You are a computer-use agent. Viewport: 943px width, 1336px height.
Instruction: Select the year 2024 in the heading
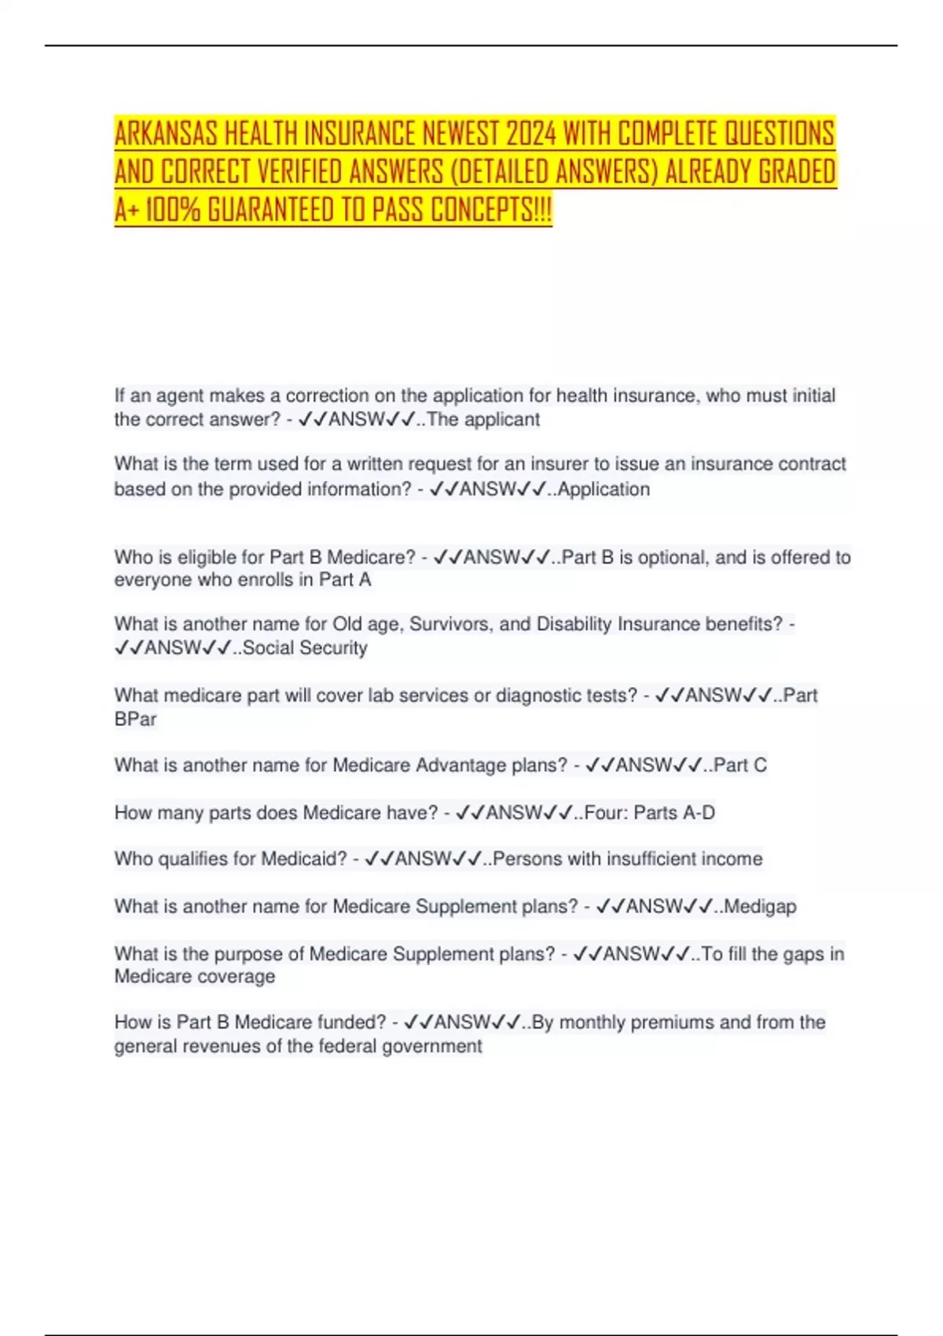click(530, 134)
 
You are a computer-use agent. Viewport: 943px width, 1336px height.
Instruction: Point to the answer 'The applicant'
click(483, 420)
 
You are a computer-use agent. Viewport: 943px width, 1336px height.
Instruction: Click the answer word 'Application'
click(604, 489)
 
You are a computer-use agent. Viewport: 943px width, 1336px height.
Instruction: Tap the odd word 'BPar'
click(135, 719)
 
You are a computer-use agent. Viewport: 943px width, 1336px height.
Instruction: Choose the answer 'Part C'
click(740, 765)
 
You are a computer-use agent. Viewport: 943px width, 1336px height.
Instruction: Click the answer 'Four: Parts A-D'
click(650, 813)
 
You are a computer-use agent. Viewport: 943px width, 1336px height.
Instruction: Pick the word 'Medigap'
click(760, 906)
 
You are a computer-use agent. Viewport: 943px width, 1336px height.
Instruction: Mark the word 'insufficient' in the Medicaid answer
click(644, 859)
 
